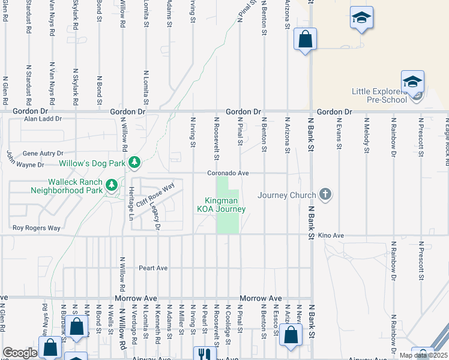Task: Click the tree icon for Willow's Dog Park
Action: [136, 163]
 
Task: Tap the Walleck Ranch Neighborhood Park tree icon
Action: [111, 185]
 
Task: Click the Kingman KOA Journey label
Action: [221, 205]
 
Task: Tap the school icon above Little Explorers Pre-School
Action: [413, 82]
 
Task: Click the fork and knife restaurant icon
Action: [204, 354]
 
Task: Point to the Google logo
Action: [20, 353]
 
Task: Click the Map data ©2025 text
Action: [424, 356]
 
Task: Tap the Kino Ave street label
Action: [331, 236]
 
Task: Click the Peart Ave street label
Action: [153, 268]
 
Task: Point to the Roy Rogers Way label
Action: [37, 228]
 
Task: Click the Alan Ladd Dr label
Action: [43, 119]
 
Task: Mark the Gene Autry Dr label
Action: [43, 154]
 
